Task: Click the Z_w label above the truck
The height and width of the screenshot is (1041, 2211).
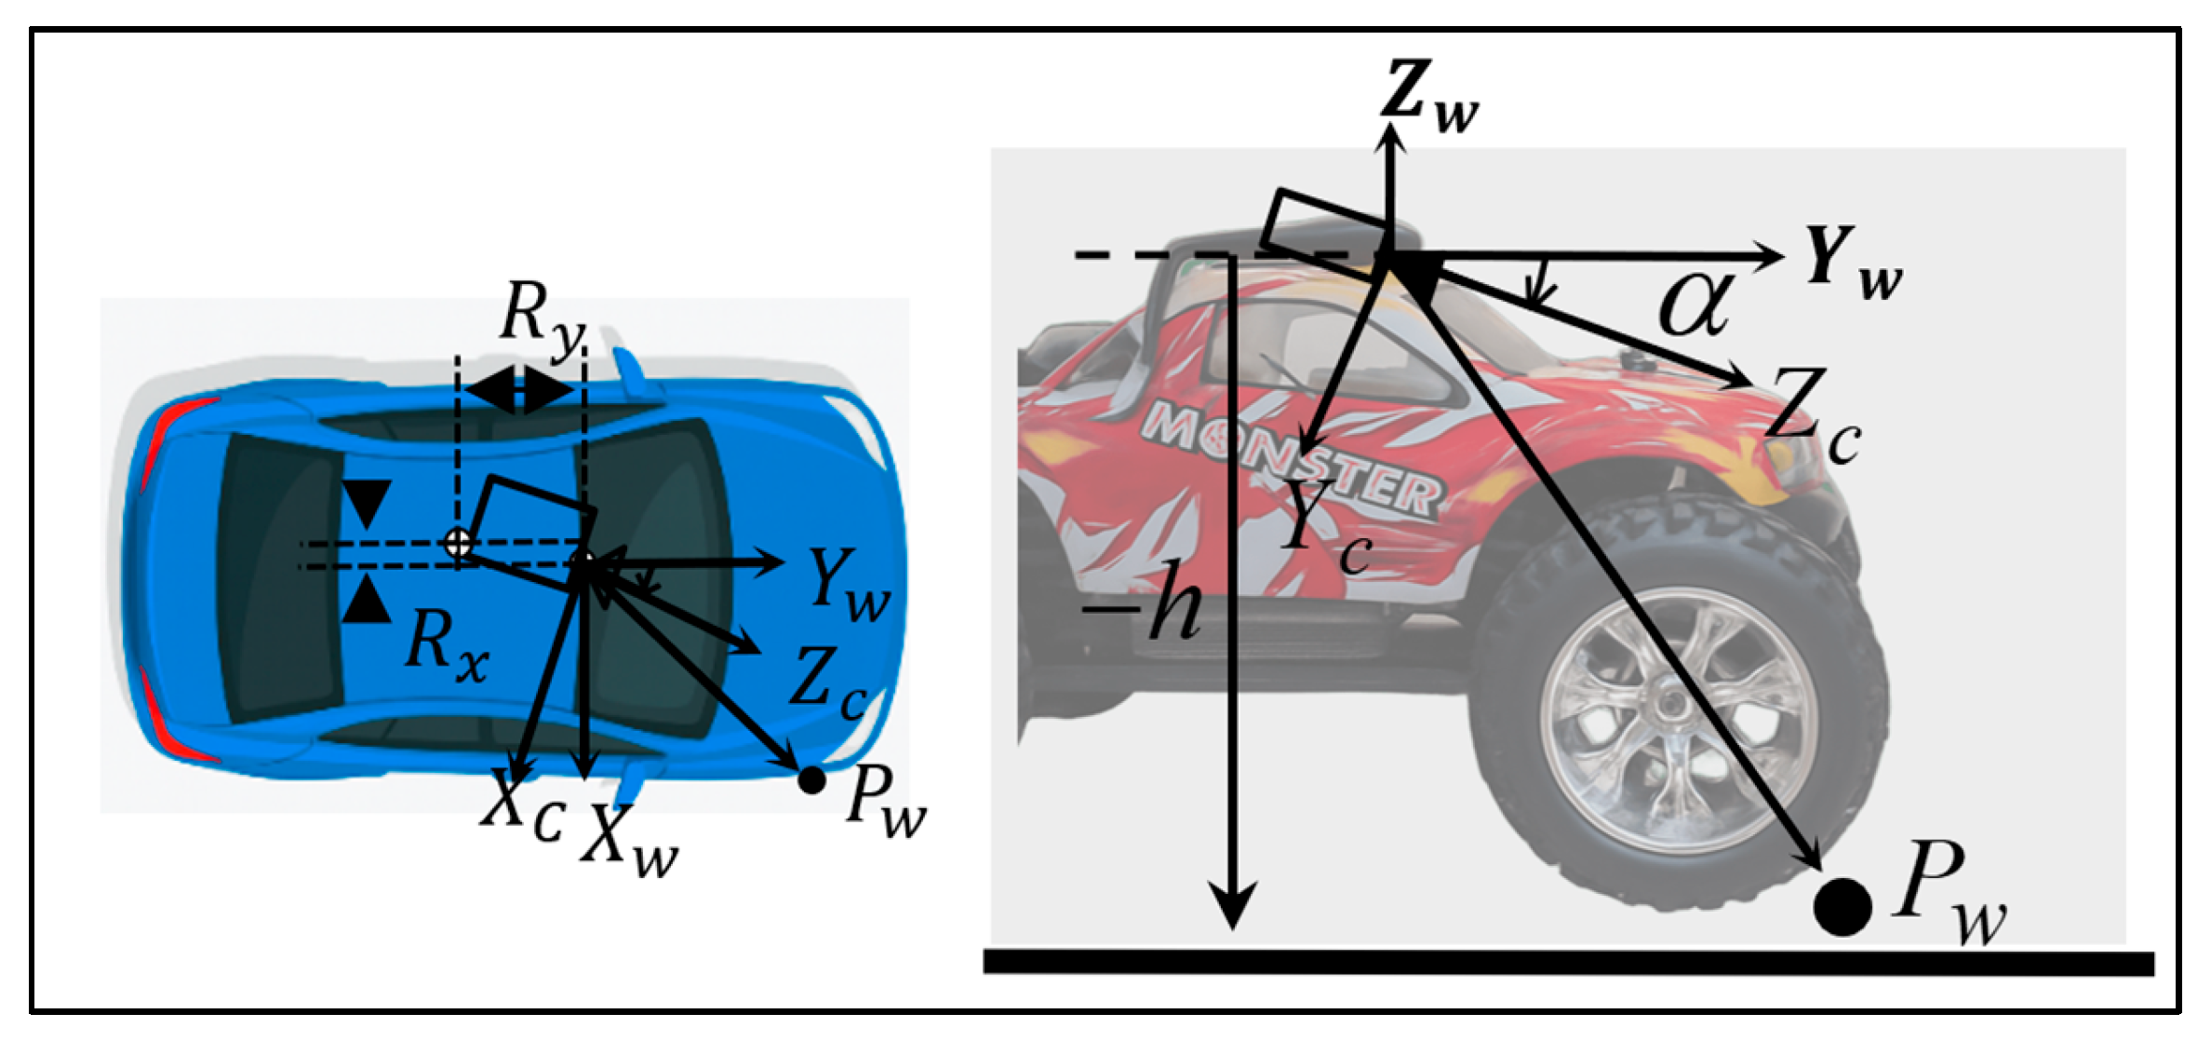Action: pyautogui.click(x=1428, y=97)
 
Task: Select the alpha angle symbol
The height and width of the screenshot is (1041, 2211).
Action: pyautogui.click(x=1695, y=304)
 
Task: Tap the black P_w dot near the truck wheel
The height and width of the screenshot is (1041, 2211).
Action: pyautogui.click(x=1842, y=906)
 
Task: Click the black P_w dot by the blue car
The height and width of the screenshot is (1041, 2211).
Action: pyautogui.click(x=811, y=779)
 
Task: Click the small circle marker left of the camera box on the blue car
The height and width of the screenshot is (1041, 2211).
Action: pyautogui.click(x=457, y=543)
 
